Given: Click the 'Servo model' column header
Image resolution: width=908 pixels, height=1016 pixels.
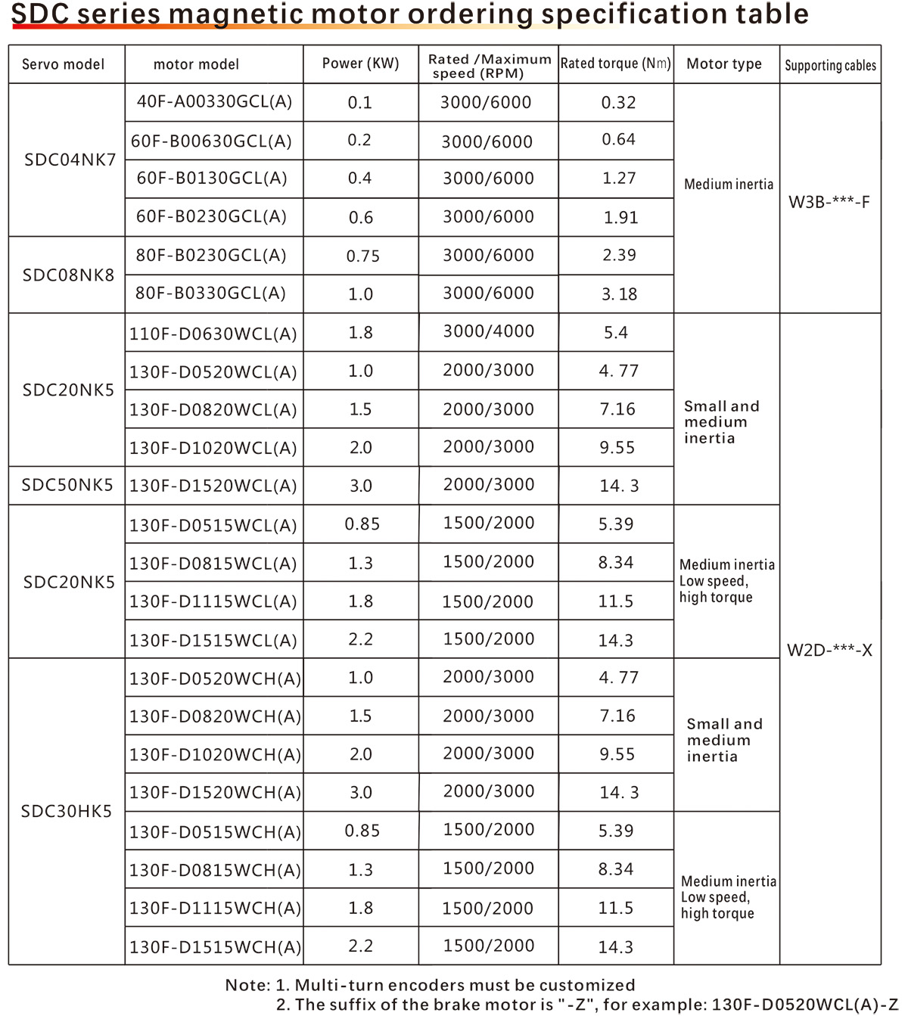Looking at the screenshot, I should (x=64, y=64).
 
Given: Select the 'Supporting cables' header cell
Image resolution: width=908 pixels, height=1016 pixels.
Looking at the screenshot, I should (x=830, y=65).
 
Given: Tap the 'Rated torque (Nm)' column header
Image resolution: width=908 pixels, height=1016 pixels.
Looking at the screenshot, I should (x=615, y=64).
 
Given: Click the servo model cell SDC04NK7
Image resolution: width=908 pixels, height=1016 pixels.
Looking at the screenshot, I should (x=70, y=160).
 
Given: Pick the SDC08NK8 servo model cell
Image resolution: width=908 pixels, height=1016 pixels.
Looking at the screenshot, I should (x=68, y=275).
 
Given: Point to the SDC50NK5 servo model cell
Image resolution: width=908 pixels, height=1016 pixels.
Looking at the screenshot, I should (x=67, y=485).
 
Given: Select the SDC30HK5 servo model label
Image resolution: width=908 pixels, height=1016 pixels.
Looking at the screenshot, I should (x=67, y=811).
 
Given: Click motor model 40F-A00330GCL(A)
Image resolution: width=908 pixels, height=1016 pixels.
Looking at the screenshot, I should (x=214, y=101).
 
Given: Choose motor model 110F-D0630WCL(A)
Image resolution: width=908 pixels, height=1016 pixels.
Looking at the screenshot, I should (x=213, y=333).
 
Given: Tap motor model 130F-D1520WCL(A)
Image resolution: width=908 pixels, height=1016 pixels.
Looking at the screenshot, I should (x=213, y=486).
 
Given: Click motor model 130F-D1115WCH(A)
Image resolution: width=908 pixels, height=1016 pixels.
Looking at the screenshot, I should (x=215, y=908).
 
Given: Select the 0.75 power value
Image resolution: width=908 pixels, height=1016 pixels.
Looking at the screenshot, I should (x=362, y=256).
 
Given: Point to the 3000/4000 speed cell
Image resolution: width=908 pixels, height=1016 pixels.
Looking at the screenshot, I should (x=488, y=331).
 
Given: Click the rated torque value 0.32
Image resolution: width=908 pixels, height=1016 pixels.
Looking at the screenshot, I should (x=618, y=102).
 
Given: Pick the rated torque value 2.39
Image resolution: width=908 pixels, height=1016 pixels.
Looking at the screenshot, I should (x=619, y=255).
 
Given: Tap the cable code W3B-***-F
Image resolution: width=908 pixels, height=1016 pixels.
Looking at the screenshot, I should (x=829, y=202).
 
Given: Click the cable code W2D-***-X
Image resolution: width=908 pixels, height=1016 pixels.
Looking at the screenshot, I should (x=829, y=650).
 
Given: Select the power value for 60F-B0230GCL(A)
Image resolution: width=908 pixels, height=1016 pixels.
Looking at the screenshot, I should (x=361, y=217).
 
